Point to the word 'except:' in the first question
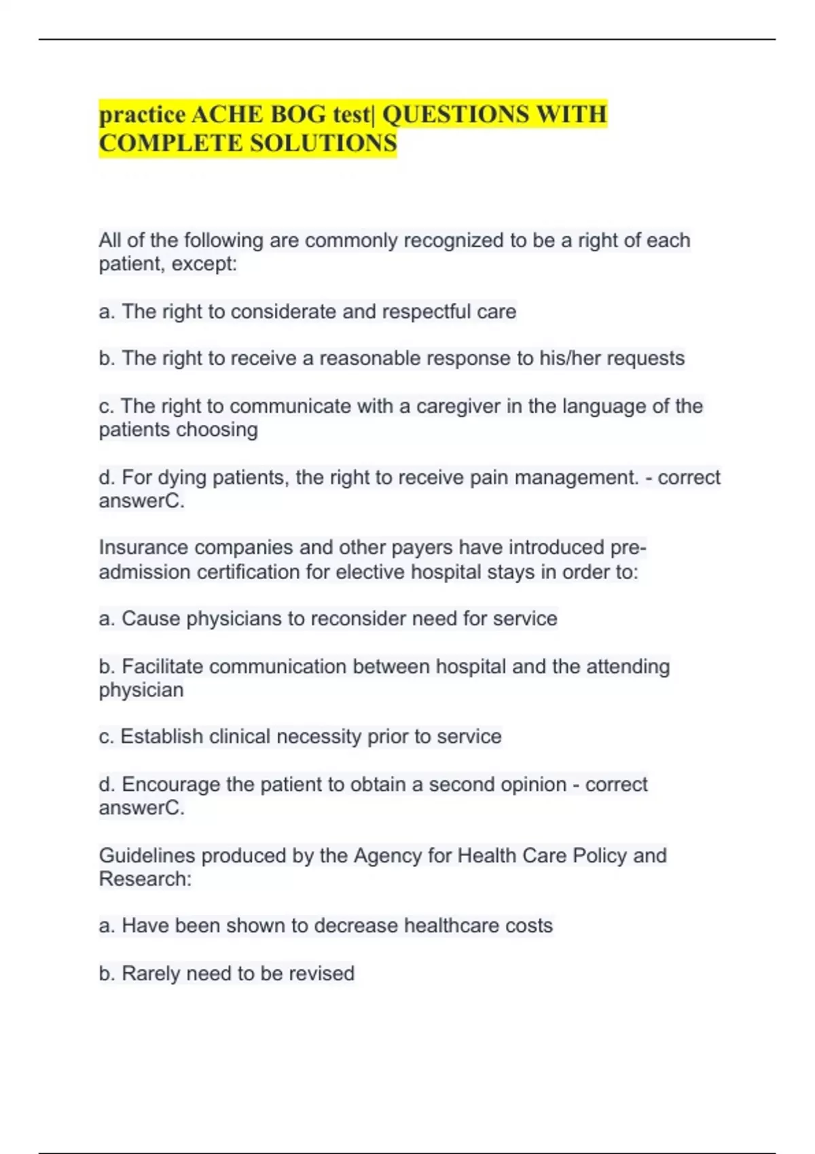coord(204,264)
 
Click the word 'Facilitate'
coord(162,667)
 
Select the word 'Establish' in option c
coord(162,737)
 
